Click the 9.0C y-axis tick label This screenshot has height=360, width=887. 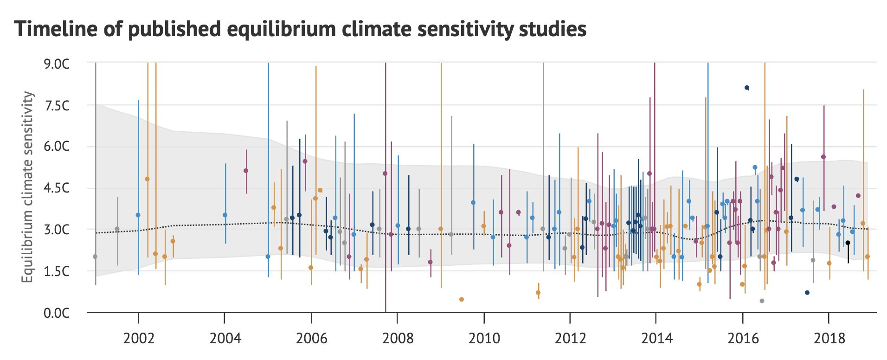pyautogui.click(x=57, y=64)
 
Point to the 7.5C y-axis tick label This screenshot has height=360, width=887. pyautogui.click(x=57, y=106)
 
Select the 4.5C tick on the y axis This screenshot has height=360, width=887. pyautogui.click(x=57, y=188)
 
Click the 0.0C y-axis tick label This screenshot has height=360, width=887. pyautogui.click(x=57, y=313)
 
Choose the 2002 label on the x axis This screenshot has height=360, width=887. pyautogui.click(x=138, y=338)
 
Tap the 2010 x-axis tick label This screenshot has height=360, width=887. pyautogui.click(x=484, y=338)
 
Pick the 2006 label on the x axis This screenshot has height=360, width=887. pyautogui.click(x=311, y=338)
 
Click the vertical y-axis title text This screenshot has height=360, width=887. pyautogui.click(x=28, y=186)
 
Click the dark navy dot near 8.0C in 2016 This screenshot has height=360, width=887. pyautogui.click(x=746, y=88)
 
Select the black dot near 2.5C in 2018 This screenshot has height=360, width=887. pyautogui.click(x=848, y=243)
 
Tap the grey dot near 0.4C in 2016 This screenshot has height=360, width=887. pyautogui.click(x=762, y=301)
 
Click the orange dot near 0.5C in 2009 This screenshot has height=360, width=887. pyautogui.click(x=461, y=299)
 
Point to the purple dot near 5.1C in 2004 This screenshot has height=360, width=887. pyautogui.click(x=246, y=171)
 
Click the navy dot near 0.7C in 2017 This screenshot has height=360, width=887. pyautogui.click(x=807, y=293)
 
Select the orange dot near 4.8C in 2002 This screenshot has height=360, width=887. pyautogui.click(x=148, y=179)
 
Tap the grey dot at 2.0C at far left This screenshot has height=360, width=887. pyautogui.click(x=95, y=257)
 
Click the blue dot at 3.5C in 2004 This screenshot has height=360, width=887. pyautogui.click(x=225, y=215)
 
